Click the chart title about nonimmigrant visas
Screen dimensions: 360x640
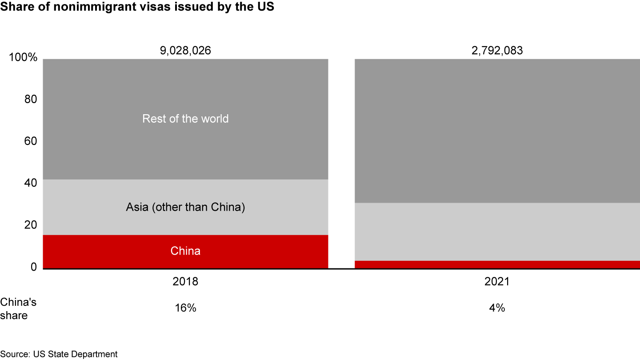point(137,8)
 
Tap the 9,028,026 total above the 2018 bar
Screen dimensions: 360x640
point(185,51)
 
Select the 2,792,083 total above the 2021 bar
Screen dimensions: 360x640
point(497,51)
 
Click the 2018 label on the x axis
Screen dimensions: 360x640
point(185,282)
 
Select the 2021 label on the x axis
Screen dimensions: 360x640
point(497,282)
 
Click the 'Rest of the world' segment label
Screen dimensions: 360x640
point(185,119)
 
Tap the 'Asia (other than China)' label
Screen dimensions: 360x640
point(185,207)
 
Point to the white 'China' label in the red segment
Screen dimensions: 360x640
point(185,251)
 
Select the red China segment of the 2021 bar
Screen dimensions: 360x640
point(497,264)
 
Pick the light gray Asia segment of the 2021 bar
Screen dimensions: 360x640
point(497,232)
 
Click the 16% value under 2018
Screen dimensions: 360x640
point(185,308)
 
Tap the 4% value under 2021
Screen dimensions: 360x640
point(497,308)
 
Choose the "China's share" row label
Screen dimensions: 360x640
point(18,309)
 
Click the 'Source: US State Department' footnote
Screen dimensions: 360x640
point(59,354)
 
